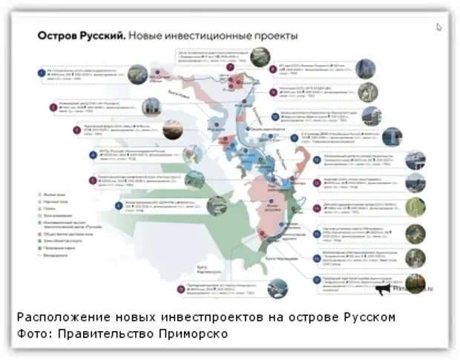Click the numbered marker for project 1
(42, 73)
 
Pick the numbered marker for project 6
(118, 205)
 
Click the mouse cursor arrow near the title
(439, 27)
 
